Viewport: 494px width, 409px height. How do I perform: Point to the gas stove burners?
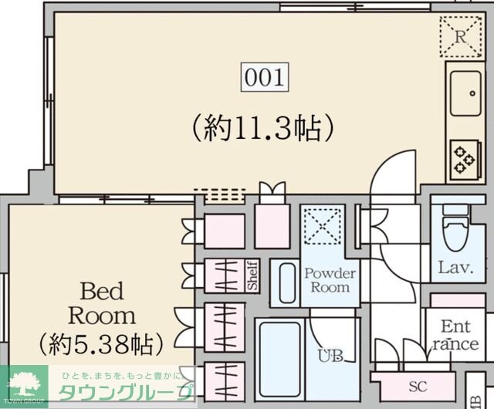[x=464, y=159]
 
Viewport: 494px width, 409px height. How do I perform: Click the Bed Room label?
[x=102, y=304]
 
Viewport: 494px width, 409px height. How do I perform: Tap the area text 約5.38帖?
[x=101, y=340]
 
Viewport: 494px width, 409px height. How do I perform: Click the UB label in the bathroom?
[x=330, y=356]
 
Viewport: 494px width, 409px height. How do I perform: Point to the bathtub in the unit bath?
[x=279, y=359]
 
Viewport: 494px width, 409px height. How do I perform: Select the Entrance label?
[x=455, y=336]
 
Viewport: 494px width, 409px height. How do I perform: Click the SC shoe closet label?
[x=418, y=386]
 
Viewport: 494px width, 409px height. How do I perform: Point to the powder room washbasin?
[x=287, y=283]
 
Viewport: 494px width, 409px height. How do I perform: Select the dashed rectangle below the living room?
[x=219, y=194]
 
